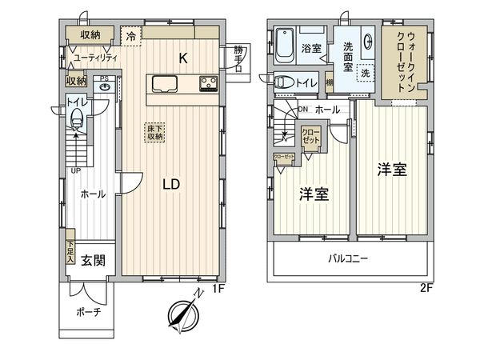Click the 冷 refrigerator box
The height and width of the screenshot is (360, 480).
pos(130,34)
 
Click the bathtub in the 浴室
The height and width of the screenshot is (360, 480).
pos(285,45)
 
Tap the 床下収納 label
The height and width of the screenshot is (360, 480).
pos(154,132)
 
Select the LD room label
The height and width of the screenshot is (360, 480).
pos(170,184)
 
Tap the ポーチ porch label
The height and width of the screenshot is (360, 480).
pos(89,312)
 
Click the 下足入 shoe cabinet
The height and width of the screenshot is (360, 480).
pos(70,254)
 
